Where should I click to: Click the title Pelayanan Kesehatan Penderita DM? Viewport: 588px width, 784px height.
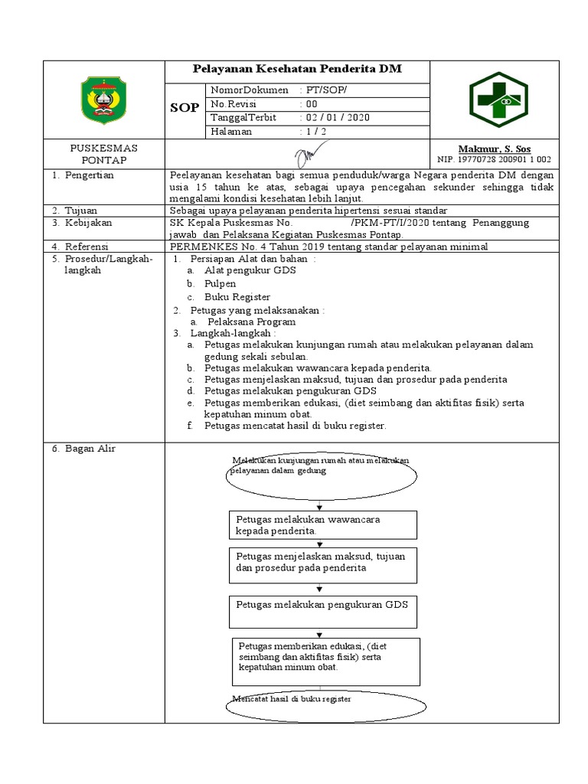tap(297, 70)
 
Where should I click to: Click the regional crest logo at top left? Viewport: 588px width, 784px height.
tap(104, 100)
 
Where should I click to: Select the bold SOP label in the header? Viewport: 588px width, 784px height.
tap(184, 109)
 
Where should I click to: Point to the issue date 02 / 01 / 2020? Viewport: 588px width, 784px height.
tap(338, 118)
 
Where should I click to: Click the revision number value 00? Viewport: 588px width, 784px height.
tap(312, 104)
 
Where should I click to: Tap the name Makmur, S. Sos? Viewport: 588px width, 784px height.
tap(494, 149)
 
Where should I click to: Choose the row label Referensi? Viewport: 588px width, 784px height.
tap(87, 247)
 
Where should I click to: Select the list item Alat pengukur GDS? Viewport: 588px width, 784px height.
tap(250, 270)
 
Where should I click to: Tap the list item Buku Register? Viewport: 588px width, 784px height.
tap(237, 296)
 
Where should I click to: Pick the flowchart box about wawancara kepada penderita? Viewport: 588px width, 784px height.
tap(322, 524)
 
